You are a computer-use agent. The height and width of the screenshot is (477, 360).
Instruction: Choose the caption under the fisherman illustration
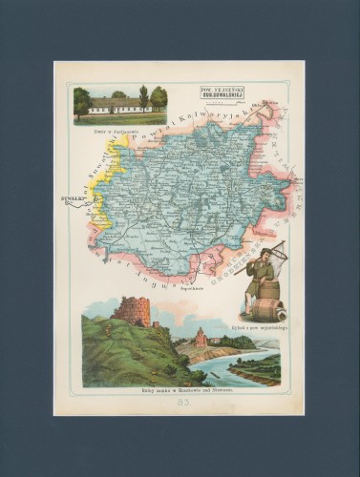pyautogui.click(x=260, y=326)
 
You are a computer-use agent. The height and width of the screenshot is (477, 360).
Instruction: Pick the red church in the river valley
pyautogui.click(x=201, y=339)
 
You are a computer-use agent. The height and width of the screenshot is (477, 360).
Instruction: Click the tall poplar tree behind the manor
pyautogui.click(x=143, y=95)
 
